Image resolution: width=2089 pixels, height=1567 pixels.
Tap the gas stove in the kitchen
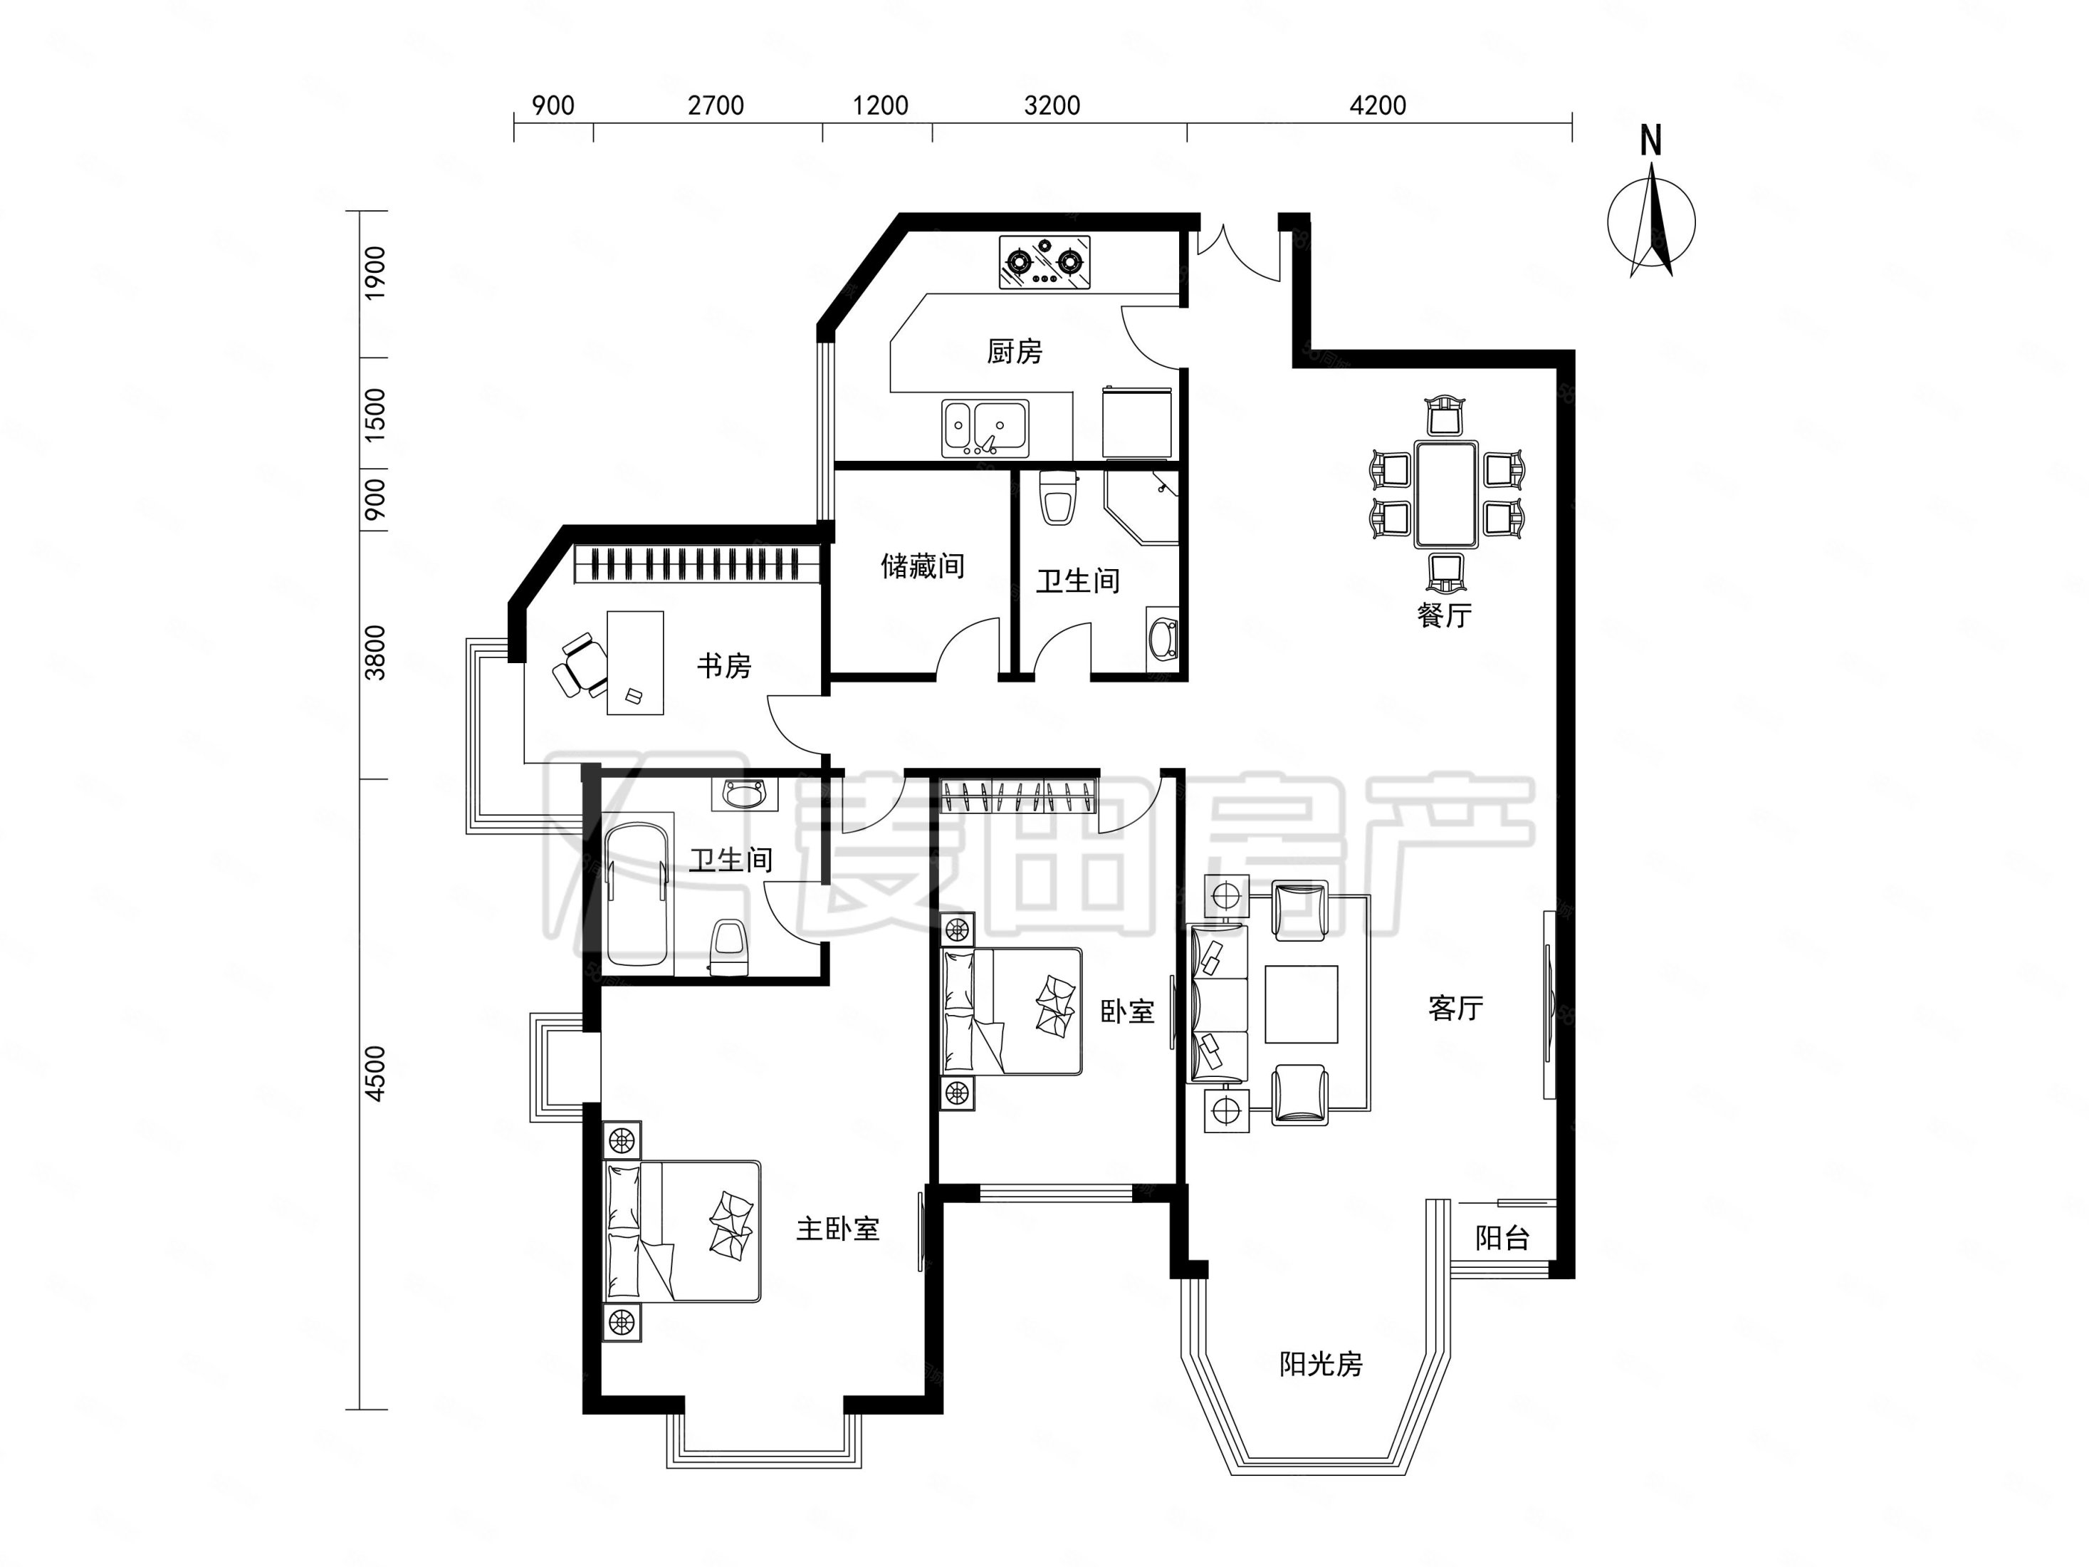pyautogui.click(x=1044, y=261)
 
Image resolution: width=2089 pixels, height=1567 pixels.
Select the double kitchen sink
pyautogui.click(x=985, y=428)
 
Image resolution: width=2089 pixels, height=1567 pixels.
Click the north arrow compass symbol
pyautogui.click(x=1652, y=220)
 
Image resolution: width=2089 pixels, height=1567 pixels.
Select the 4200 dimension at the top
pyautogui.click(x=1378, y=105)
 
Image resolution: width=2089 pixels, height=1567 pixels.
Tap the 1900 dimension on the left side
pyautogui.click(x=376, y=273)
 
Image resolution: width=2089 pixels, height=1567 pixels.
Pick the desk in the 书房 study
pyautogui.click(x=634, y=662)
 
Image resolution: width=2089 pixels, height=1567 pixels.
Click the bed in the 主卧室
pyautogui.click(x=682, y=1231)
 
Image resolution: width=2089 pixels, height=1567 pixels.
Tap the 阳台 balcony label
pyautogui.click(x=1502, y=1237)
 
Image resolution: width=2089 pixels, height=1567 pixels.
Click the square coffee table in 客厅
pyautogui.click(x=1302, y=1004)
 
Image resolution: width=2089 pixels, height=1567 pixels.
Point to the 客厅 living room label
pyautogui.click(x=1455, y=1008)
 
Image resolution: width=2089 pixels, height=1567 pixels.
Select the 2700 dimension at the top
pyautogui.click(x=716, y=105)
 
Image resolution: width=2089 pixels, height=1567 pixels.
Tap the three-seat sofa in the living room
pyautogui.click(x=1219, y=1004)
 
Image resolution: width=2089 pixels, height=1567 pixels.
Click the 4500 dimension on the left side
pyautogui.click(x=376, y=1073)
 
